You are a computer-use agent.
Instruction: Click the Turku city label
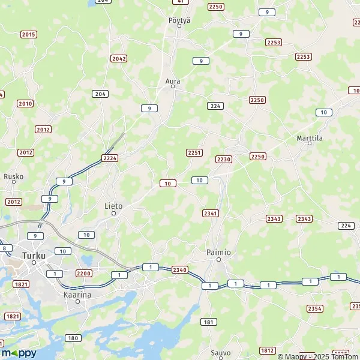pyautogui.click(x=34, y=255)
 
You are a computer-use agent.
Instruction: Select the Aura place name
pyautogui.click(x=173, y=80)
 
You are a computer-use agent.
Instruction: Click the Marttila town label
pyautogui.click(x=310, y=137)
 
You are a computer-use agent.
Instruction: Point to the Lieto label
pyautogui.click(x=113, y=206)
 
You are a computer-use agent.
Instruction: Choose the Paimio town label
pyautogui.click(x=218, y=253)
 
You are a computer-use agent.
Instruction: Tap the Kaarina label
pyautogui.click(x=77, y=295)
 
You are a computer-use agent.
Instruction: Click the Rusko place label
pyautogui.click(x=13, y=176)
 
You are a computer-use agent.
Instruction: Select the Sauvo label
pyautogui.click(x=220, y=352)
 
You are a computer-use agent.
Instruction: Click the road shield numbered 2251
pyautogui.click(x=194, y=153)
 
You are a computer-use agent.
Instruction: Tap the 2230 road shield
pyautogui.click(x=223, y=159)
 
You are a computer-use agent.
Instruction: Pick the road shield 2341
pyautogui.click(x=211, y=213)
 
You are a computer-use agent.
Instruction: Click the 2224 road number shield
pyautogui.click(x=110, y=158)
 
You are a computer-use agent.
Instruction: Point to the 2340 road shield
pyautogui.click(x=179, y=270)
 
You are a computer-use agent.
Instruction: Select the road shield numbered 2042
pyautogui.click(x=119, y=58)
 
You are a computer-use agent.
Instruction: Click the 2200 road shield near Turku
pyautogui.click(x=83, y=273)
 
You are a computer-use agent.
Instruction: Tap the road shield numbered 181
pyautogui.click(x=209, y=322)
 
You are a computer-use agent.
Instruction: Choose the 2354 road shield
pyautogui.click(x=314, y=308)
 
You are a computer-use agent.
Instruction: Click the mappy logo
pyautogui.click(x=19, y=353)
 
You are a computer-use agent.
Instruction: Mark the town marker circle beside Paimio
pyautogui.click(x=219, y=260)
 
